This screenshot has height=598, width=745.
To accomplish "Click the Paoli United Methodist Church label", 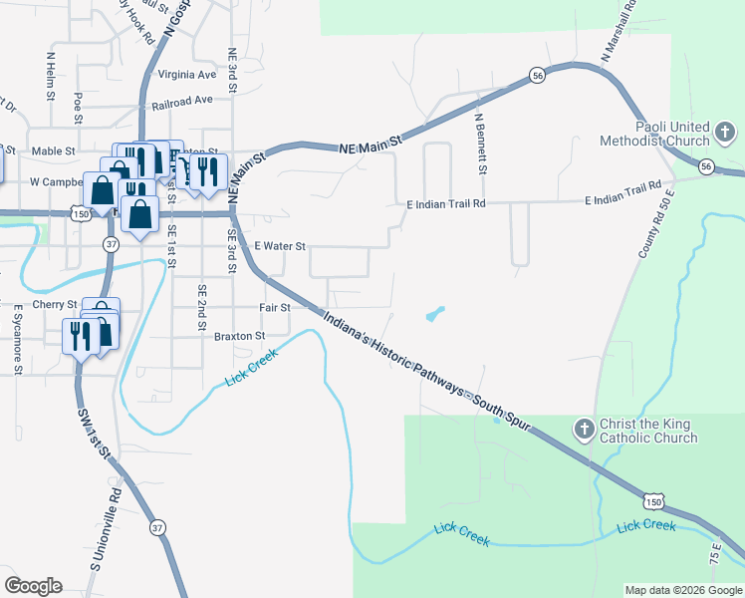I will click(x=654, y=134).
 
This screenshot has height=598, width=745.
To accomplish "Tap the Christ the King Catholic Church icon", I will click(x=584, y=430).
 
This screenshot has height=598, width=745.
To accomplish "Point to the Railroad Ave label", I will click(x=182, y=101).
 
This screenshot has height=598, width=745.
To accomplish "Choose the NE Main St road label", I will click(x=370, y=146).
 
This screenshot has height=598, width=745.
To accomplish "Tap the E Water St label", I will click(x=280, y=245).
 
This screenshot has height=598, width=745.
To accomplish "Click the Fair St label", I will click(x=274, y=308).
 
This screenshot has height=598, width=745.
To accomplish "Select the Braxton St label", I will click(x=240, y=337).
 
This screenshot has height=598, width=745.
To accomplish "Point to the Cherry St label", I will click(x=55, y=304).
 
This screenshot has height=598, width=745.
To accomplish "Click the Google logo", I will click(x=33, y=586).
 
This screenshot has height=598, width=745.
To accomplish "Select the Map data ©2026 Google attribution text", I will click(x=682, y=590).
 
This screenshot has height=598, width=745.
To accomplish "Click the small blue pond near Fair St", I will click(x=435, y=315).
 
